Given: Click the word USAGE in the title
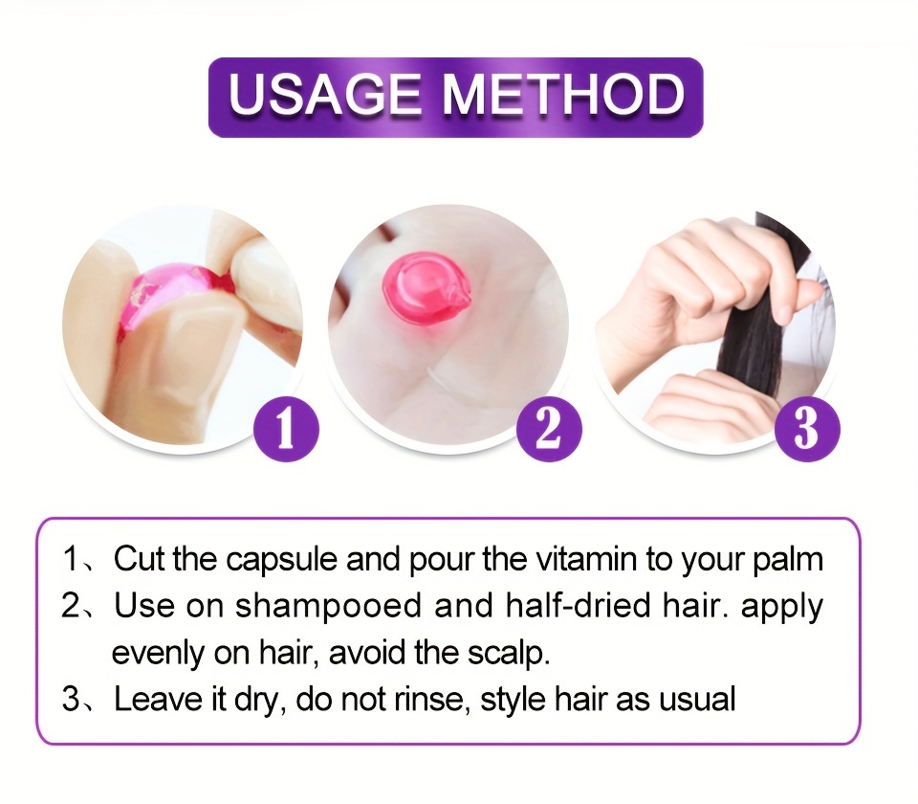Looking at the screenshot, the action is (x=325, y=95).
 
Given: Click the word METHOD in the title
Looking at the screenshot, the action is (x=563, y=95).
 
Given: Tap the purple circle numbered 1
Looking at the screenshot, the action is (x=286, y=429).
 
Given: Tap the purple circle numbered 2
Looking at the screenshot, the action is (x=549, y=429).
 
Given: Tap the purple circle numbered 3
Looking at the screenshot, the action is (x=807, y=429).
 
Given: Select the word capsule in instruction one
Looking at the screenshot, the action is (x=281, y=560).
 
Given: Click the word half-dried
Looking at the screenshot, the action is (x=578, y=605).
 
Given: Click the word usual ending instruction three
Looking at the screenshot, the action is (x=697, y=699).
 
